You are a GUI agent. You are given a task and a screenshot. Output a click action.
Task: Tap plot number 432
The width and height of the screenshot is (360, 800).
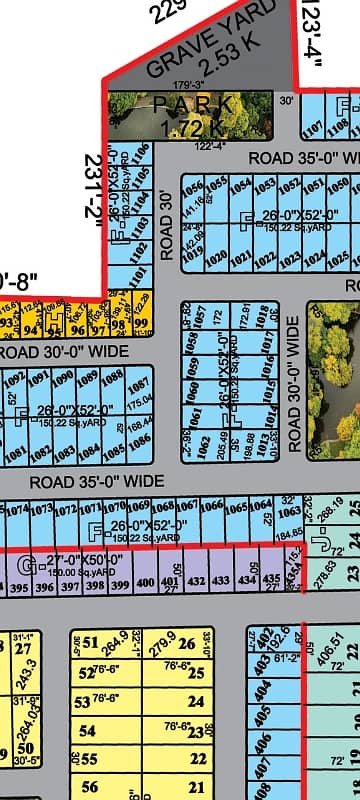(195, 580)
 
